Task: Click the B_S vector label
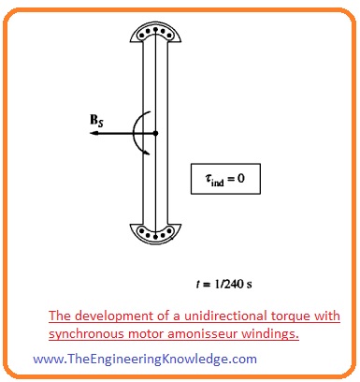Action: coord(97,121)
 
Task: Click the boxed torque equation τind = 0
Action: coord(225,175)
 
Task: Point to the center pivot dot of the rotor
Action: coord(155,133)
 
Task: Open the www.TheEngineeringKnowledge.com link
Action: coord(144,359)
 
